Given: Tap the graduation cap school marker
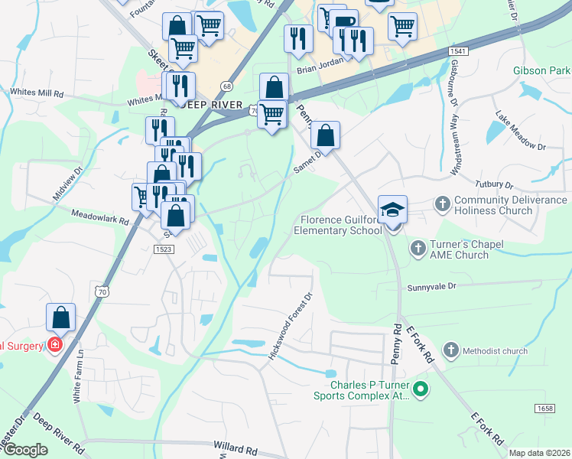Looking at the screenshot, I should point(392,210).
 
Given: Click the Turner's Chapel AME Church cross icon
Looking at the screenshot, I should point(418,247).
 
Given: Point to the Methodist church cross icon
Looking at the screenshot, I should point(451,350).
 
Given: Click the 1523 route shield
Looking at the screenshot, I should point(163,249).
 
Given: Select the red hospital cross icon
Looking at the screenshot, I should point(55,345).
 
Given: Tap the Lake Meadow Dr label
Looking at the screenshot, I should point(521,131).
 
